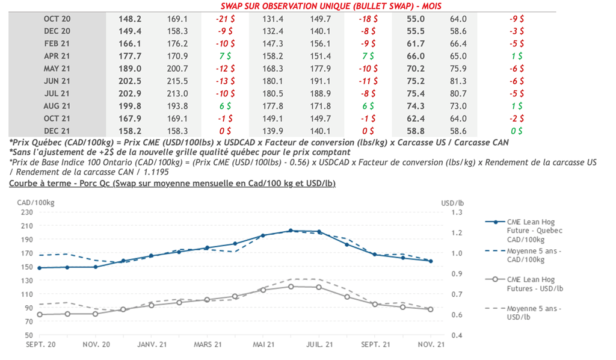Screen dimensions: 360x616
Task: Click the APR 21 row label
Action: point(57,56)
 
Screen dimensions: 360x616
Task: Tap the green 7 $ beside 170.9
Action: point(226,56)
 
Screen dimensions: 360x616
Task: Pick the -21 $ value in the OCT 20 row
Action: point(225,19)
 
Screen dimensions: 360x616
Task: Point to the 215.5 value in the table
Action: point(177,81)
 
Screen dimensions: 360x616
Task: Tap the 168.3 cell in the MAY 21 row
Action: point(273,68)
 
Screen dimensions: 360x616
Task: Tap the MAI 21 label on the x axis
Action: point(263,344)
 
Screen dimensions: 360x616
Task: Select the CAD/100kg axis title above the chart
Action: point(35,203)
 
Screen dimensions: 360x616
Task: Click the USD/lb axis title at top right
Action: point(452,203)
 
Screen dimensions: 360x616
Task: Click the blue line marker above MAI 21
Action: point(263,235)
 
